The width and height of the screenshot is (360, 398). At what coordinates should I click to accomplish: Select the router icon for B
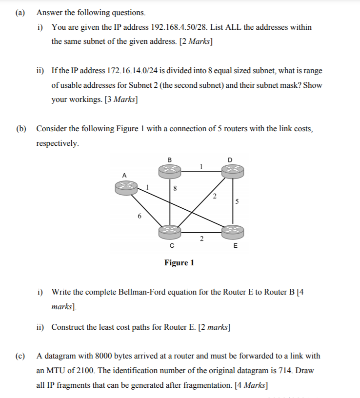170,169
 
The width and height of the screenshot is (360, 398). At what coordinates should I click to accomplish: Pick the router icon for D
232,169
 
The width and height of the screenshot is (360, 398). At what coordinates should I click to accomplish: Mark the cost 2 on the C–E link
201,239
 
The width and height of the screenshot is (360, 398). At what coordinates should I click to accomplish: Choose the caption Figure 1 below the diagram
179,263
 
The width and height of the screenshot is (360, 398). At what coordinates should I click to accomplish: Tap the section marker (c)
20,357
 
